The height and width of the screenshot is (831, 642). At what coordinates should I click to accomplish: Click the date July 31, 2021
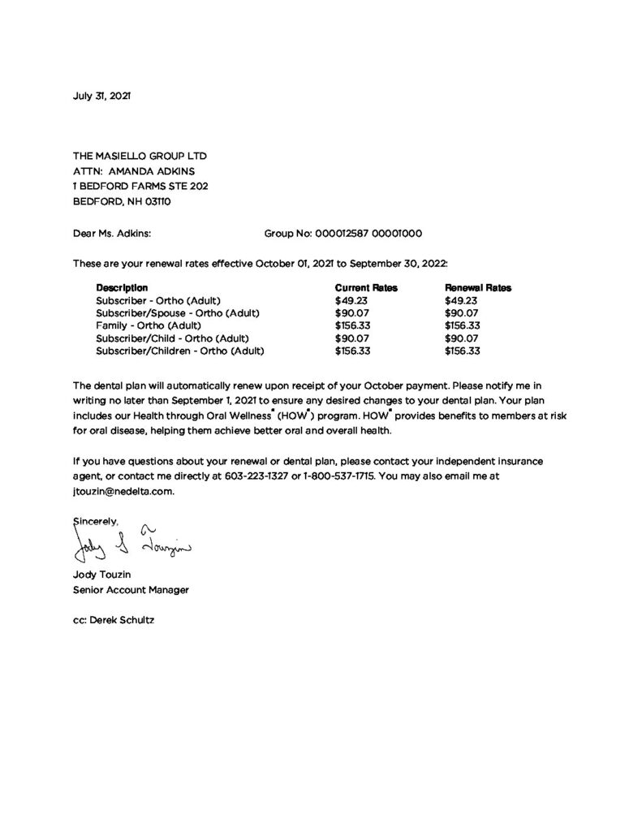101,96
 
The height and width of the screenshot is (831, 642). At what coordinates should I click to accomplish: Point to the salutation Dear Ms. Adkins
112,233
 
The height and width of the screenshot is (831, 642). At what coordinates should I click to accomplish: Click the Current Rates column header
365,288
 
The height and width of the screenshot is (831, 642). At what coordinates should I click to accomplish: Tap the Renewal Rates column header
478,288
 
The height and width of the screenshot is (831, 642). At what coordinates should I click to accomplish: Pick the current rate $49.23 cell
352,300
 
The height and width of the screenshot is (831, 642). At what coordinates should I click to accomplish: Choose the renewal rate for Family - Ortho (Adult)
463,325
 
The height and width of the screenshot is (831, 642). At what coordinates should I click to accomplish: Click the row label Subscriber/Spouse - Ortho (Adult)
172,313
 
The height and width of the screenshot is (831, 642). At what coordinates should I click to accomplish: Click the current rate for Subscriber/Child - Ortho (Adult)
352,338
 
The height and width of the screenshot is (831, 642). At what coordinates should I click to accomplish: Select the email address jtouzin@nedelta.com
123,491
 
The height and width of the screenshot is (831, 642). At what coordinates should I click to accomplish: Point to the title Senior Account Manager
131,590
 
